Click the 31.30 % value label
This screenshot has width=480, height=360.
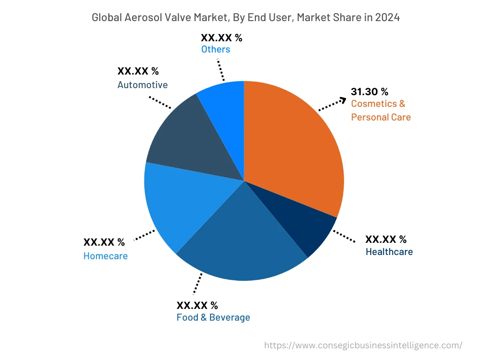click(369, 91)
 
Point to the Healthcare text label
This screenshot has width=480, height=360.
click(389, 252)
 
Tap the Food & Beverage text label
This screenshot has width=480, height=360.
click(213, 317)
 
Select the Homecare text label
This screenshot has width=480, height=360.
click(105, 256)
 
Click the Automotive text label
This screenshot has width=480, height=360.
click(142, 85)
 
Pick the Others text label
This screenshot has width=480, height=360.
click(216, 49)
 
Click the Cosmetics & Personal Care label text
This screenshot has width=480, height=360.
click(381, 110)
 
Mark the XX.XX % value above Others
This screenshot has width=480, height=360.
click(221, 38)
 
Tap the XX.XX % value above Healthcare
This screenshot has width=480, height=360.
click(386, 240)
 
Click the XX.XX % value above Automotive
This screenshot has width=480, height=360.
click(138, 71)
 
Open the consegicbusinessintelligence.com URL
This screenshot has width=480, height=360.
click(363, 345)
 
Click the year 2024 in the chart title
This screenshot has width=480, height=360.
click(387, 18)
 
